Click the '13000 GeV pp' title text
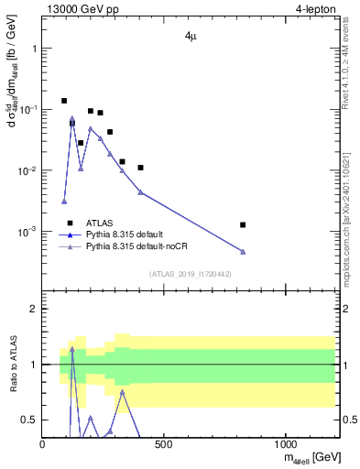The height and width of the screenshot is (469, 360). tap(78, 9)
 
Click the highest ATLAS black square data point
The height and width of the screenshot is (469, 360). tap(64, 101)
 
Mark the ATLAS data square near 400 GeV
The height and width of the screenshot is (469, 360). tap(140, 168)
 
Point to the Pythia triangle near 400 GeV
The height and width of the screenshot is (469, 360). tap(140, 192)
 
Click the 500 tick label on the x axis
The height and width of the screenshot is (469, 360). tap(164, 444)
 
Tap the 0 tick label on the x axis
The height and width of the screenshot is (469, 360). tap(42, 444)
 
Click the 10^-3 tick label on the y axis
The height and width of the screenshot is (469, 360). tap(27, 232)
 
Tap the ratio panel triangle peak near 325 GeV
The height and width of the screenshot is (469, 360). tap(122, 392)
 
